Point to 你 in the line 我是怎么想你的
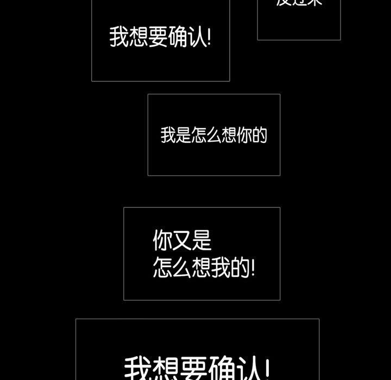coord(244,135)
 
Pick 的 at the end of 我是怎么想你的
coord(260,135)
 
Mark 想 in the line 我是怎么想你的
coord(229,135)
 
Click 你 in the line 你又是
coord(162,240)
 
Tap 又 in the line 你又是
coord(182,240)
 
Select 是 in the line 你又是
coord(201,240)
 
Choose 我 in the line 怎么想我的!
coord(221,268)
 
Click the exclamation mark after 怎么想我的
coord(253,268)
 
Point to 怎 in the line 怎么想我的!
coord(162,268)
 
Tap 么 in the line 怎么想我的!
coord(182,268)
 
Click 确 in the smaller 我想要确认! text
coord(178,37)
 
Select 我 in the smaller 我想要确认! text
coord(119,37)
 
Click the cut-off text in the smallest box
coord(299,3)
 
